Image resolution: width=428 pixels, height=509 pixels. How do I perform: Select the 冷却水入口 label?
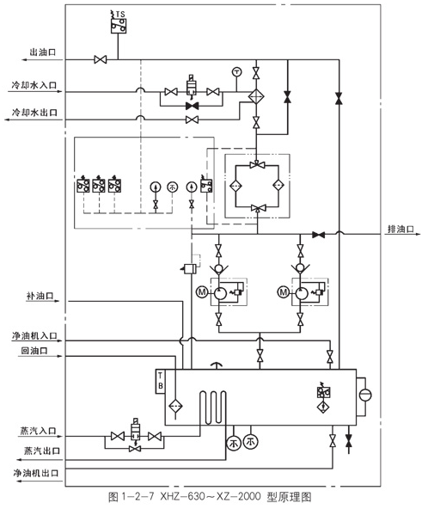(33, 84)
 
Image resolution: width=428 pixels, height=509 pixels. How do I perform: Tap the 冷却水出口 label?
(33, 112)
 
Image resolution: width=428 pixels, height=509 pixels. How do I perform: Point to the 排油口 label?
(400, 229)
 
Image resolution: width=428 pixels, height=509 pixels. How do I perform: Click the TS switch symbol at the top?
(119, 25)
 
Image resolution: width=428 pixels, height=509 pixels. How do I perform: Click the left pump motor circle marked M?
(201, 292)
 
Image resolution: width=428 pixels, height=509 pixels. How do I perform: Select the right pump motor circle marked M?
(283, 292)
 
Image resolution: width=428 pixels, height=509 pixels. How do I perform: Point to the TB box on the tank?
(159, 380)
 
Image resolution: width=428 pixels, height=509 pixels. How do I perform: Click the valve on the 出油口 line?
(101, 59)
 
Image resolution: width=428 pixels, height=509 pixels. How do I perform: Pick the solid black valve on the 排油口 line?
(318, 234)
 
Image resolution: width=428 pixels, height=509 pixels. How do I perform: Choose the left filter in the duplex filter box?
(233, 184)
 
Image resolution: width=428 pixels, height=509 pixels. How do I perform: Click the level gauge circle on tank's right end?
(365, 395)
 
